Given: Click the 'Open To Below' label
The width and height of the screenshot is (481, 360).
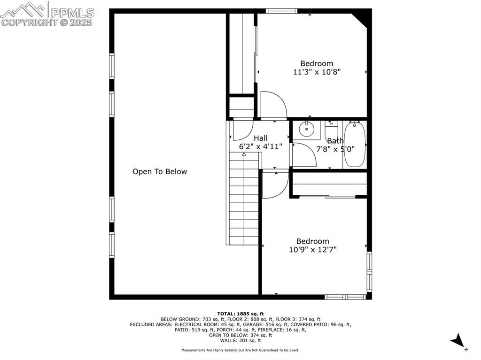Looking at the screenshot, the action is click(160, 171).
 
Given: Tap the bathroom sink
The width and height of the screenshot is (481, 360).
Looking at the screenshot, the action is click(306, 129).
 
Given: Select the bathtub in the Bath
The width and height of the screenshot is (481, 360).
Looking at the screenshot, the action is click(355, 145).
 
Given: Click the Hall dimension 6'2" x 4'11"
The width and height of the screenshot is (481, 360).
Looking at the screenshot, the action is click(260, 146).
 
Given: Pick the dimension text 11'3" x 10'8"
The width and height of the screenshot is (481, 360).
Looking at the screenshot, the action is click(317, 72).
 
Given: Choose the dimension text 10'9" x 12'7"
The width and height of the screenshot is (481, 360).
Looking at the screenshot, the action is click(312, 249).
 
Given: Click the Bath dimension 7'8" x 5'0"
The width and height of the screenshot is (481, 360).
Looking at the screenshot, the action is click(335, 149).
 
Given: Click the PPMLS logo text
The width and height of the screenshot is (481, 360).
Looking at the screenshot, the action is click(72, 13).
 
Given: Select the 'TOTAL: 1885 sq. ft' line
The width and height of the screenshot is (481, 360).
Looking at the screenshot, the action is click(240, 314).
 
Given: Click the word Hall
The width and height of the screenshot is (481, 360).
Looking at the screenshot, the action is click(260, 138).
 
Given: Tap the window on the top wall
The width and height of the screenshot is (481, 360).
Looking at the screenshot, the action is click(282, 11).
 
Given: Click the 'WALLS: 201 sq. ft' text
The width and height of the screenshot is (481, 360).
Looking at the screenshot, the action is click(240, 340).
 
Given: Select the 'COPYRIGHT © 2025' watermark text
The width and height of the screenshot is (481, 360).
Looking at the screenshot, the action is click(47, 23).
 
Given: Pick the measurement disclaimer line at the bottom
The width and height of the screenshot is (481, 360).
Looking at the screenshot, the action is click(240, 350).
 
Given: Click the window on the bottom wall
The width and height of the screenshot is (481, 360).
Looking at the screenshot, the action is click(345, 297).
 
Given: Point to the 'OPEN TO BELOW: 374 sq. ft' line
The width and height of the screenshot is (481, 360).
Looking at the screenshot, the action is click(240, 335).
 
